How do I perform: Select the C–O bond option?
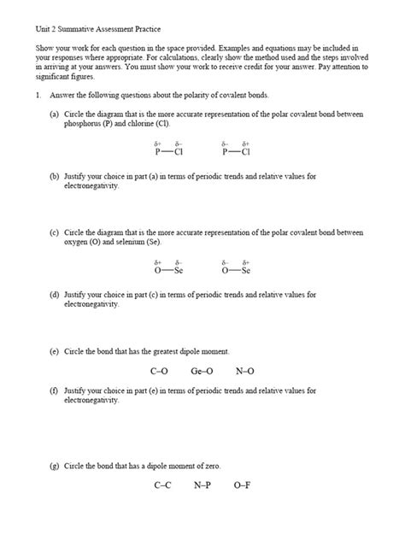(x=159, y=372)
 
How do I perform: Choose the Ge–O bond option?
(x=202, y=372)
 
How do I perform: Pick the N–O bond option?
(x=245, y=372)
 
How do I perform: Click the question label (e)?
(x=54, y=351)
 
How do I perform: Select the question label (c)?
(x=54, y=232)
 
